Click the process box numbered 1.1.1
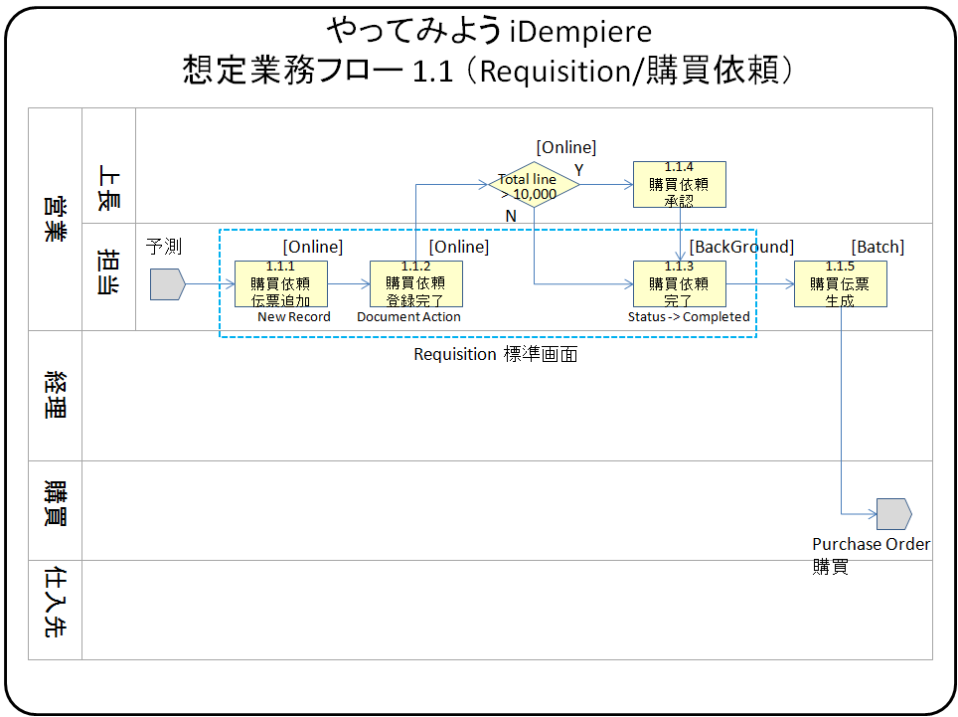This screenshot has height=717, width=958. pyautogui.click(x=281, y=283)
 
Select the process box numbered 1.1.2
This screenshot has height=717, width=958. pyautogui.click(x=416, y=283)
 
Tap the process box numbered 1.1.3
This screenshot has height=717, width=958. pyautogui.click(x=680, y=283)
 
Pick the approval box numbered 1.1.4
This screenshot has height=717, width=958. pyautogui.click(x=680, y=184)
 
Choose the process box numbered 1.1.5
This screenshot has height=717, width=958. pyautogui.click(x=841, y=283)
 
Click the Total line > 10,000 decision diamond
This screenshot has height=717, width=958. pyautogui.click(x=534, y=185)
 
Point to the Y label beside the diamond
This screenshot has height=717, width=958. pyautogui.click(x=579, y=170)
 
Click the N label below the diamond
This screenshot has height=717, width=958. pyautogui.click(x=512, y=216)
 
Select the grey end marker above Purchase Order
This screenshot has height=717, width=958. pyautogui.click(x=893, y=513)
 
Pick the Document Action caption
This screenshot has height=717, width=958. pyautogui.click(x=409, y=317)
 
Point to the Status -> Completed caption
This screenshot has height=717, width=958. pyautogui.click(x=689, y=317)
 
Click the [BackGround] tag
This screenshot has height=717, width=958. pyautogui.click(x=741, y=247)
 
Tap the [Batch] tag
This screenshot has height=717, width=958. pyautogui.click(x=878, y=247)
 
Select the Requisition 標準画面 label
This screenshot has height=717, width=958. pyautogui.click(x=495, y=354)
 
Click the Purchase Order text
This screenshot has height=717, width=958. pyautogui.click(x=872, y=544)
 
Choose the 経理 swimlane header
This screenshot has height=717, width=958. pyautogui.click(x=55, y=396)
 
